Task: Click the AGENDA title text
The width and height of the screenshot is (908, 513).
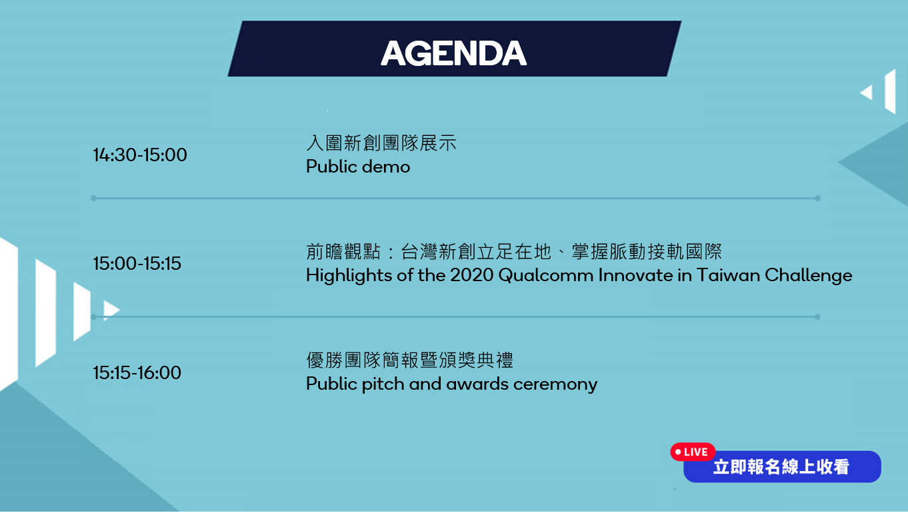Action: tap(453, 53)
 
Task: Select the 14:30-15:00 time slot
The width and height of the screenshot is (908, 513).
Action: tap(140, 155)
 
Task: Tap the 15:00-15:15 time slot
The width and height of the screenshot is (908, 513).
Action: tap(137, 263)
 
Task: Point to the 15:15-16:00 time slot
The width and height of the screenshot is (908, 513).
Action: tap(137, 373)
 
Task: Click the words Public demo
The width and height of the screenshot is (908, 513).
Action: tap(358, 167)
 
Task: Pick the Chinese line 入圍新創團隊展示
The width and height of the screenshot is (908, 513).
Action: tap(381, 143)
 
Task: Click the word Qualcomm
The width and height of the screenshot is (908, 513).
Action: tap(545, 276)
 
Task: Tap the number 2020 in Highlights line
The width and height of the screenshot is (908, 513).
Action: tap(471, 276)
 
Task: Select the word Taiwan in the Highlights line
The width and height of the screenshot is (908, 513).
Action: tap(728, 276)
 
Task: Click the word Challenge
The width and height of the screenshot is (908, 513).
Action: tap(808, 276)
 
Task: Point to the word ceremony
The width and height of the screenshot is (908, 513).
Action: tap(555, 385)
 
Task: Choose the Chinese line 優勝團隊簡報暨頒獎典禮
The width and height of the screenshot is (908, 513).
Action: tap(409, 360)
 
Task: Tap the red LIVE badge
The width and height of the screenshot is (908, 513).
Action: tap(693, 452)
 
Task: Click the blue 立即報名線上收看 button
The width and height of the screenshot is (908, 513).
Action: tap(782, 467)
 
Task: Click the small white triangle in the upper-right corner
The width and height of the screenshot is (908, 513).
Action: tap(867, 93)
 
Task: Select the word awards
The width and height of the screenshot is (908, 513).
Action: tap(477, 384)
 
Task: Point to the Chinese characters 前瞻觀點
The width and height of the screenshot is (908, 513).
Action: tap(343, 252)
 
